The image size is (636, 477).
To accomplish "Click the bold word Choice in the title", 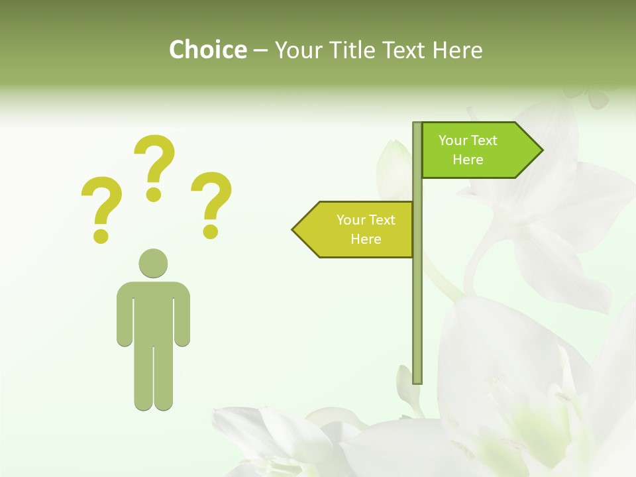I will coord(207,50).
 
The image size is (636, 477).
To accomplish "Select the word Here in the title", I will coord(457,50).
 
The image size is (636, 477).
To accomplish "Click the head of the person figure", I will coord(153,263).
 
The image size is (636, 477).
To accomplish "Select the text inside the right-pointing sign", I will coord(468,150).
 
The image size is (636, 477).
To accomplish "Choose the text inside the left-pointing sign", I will coord(365,229).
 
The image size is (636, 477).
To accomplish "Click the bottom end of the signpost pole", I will coord(417,380).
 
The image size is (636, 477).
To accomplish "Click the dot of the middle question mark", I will coord(154,194).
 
